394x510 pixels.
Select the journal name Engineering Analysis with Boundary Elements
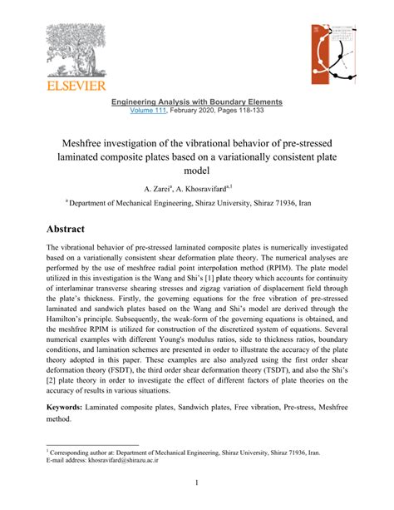[197, 102]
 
